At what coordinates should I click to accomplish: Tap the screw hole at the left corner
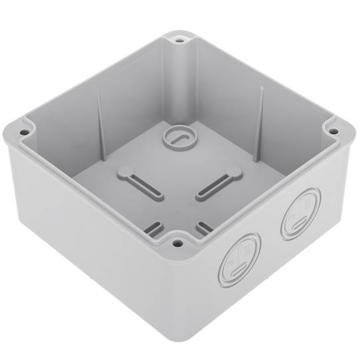click(x=24, y=132)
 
